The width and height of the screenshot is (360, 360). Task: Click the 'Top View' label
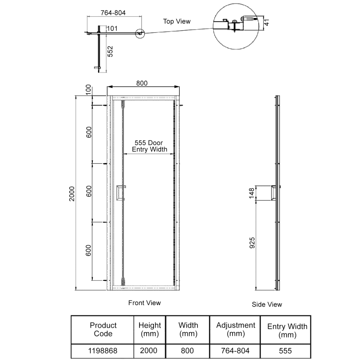[177, 21]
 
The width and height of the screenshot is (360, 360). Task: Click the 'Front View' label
[144, 303]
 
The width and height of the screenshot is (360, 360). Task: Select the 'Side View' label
[267, 305]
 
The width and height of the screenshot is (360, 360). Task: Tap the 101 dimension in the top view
[112, 29]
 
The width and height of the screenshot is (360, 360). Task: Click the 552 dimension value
[109, 52]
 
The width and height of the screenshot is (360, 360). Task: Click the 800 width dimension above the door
[142, 83]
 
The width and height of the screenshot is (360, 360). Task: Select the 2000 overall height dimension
[72, 193]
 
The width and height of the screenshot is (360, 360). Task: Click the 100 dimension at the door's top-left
[89, 89]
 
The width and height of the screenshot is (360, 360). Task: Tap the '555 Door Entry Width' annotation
[149, 146]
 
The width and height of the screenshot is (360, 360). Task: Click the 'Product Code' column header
[103, 329]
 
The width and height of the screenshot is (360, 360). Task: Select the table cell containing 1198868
[103, 351]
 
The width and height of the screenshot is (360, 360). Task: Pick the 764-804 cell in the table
[236, 351]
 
